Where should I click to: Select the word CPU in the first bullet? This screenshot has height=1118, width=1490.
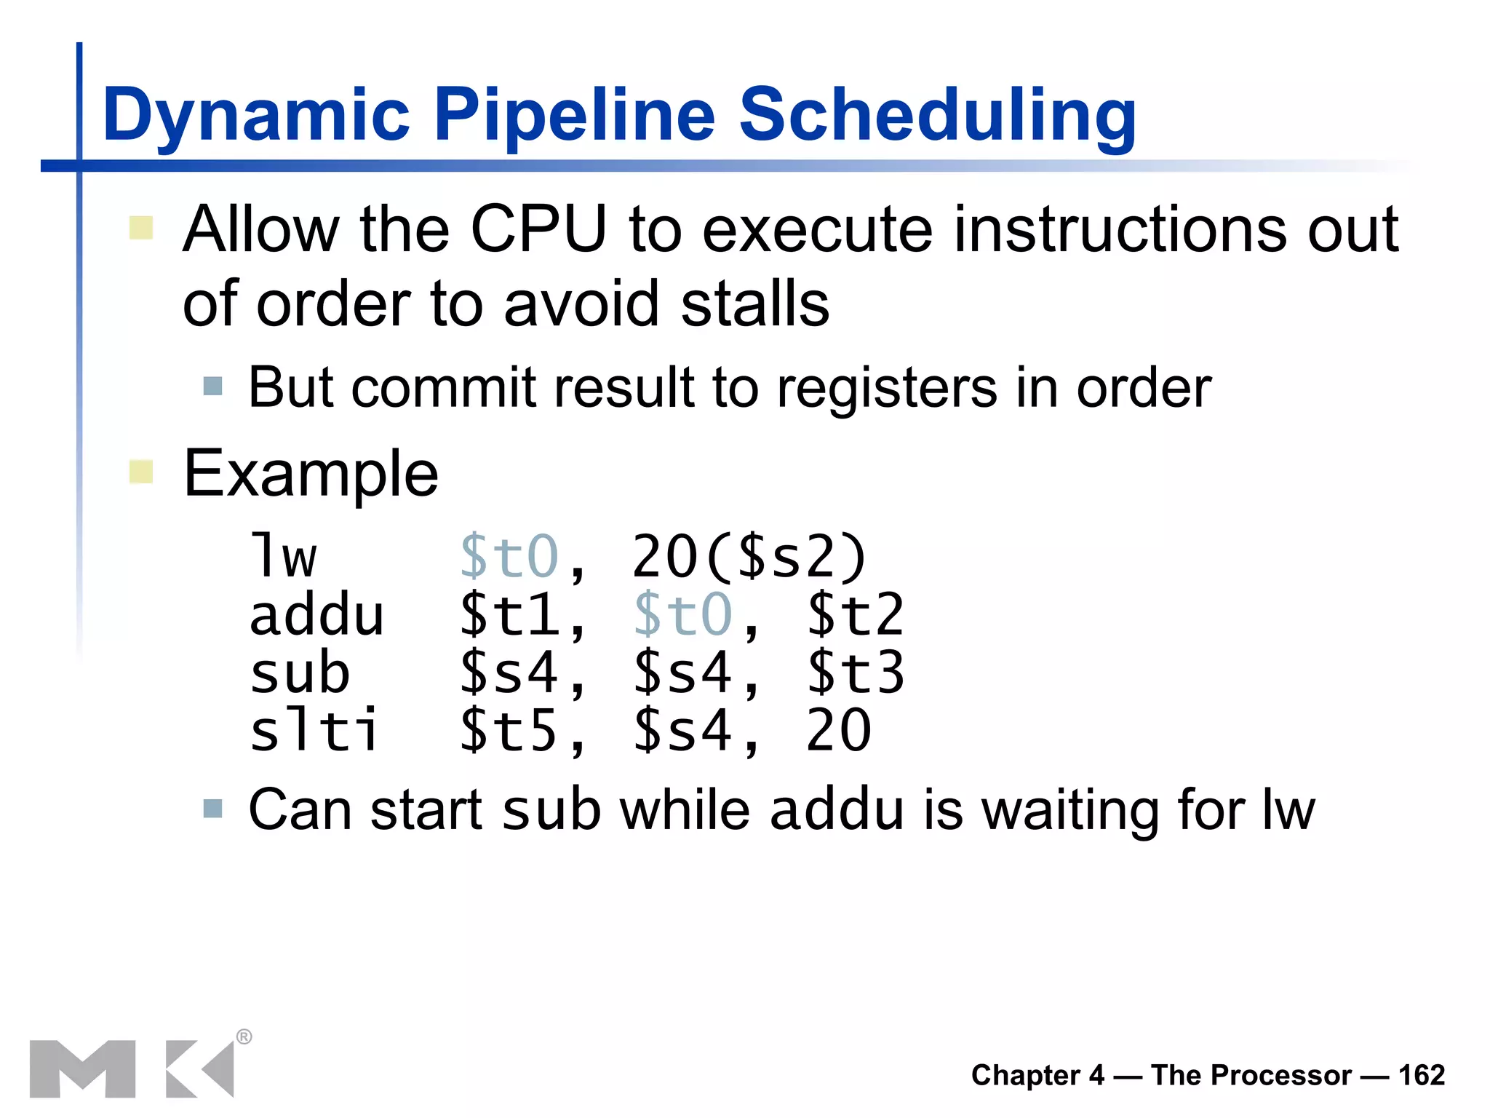coord(538,230)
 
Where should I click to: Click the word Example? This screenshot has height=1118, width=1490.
coord(311,474)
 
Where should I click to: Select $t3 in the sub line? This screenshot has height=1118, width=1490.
coord(856,673)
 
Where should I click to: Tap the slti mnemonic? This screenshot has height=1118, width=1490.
coord(314,730)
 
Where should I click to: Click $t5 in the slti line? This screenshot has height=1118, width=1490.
coord(509,730)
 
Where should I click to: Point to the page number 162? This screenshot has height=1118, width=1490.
coord(1421,1075)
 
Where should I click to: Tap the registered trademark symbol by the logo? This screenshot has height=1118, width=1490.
coord(244,1036)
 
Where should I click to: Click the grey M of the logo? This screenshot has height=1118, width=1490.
coord(82,1069)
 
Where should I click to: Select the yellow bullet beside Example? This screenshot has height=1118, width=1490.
coord(141,472)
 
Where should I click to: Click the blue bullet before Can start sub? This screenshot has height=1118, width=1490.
coord(212,809)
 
